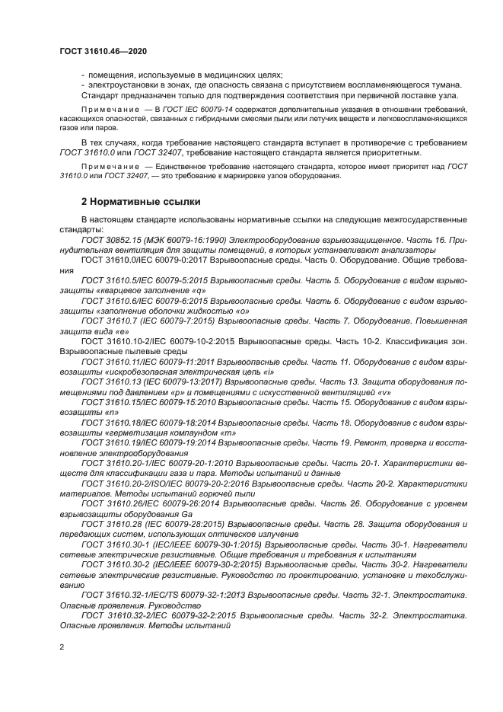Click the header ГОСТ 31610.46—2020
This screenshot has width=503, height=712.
point(103,50)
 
